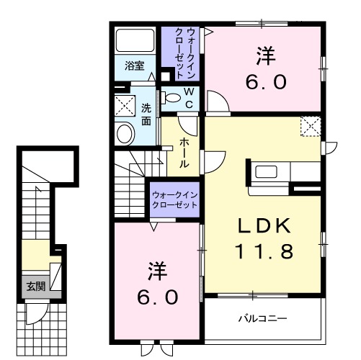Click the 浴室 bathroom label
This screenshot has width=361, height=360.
tap(135, 66)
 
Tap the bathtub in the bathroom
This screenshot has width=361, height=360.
tap(135, 42)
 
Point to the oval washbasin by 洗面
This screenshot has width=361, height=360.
tap(125, 134)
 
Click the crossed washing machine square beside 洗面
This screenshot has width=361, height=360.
tap(125, 107)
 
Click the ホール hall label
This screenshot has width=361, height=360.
tap(184, 151)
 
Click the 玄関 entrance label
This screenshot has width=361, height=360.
tap(35, 286)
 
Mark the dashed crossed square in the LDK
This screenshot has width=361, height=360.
tap(311, 126)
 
